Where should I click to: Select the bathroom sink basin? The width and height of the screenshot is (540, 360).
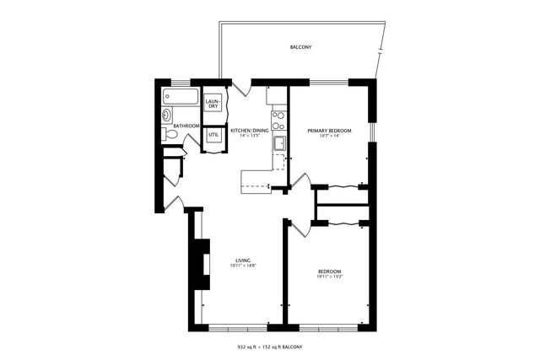pyautogui.click(x=166, y=115)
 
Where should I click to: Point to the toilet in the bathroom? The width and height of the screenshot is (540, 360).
pyautogui.click(x=170, y=133)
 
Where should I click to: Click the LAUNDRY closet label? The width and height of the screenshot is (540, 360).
pyautogui.click(x=213, y=104)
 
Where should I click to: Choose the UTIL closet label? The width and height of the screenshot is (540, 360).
pyautogui.click(x=213, y=134)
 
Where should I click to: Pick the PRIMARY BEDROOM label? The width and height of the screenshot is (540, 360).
pyautogui.click(x=329, y=131)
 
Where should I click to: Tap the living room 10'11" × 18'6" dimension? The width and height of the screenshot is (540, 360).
pyautogui.click(x=243, y=266)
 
